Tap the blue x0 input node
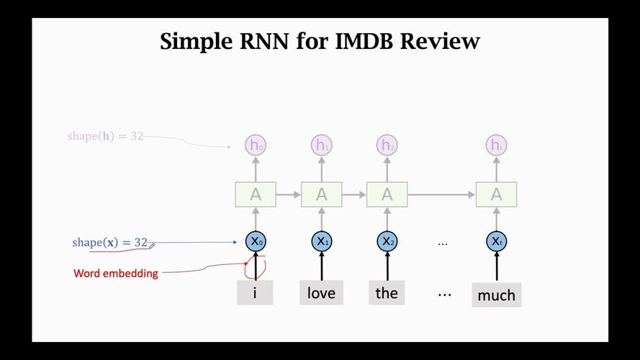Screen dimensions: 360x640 click(x=255, y=242)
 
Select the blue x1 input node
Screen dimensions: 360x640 click(x=321, y=242)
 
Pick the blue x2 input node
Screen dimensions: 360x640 click(x=387, y=242)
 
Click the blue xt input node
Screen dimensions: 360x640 click(x=496, y=242)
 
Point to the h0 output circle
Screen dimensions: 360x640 click(x=255, y=145)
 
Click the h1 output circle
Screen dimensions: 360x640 click(x=321, y=145)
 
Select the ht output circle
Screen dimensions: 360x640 click(x=496, y=145)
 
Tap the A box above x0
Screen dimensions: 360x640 click(x=255, y=194)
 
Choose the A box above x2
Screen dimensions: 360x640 click(x=387, y=194)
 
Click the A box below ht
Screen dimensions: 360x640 click(x=496, y=194)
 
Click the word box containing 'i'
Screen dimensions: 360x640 click(x=255, y=292)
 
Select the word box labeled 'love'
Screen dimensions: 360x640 click(x=321, y=292)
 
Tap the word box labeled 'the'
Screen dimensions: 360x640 click(x=387, y=292)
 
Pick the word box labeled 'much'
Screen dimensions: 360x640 click(x=496, y=294)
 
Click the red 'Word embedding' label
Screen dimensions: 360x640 click(x=116, y=274)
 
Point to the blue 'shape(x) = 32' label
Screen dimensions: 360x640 click(x=109, y=243)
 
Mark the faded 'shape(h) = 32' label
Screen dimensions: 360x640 click(x=105, y=136)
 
